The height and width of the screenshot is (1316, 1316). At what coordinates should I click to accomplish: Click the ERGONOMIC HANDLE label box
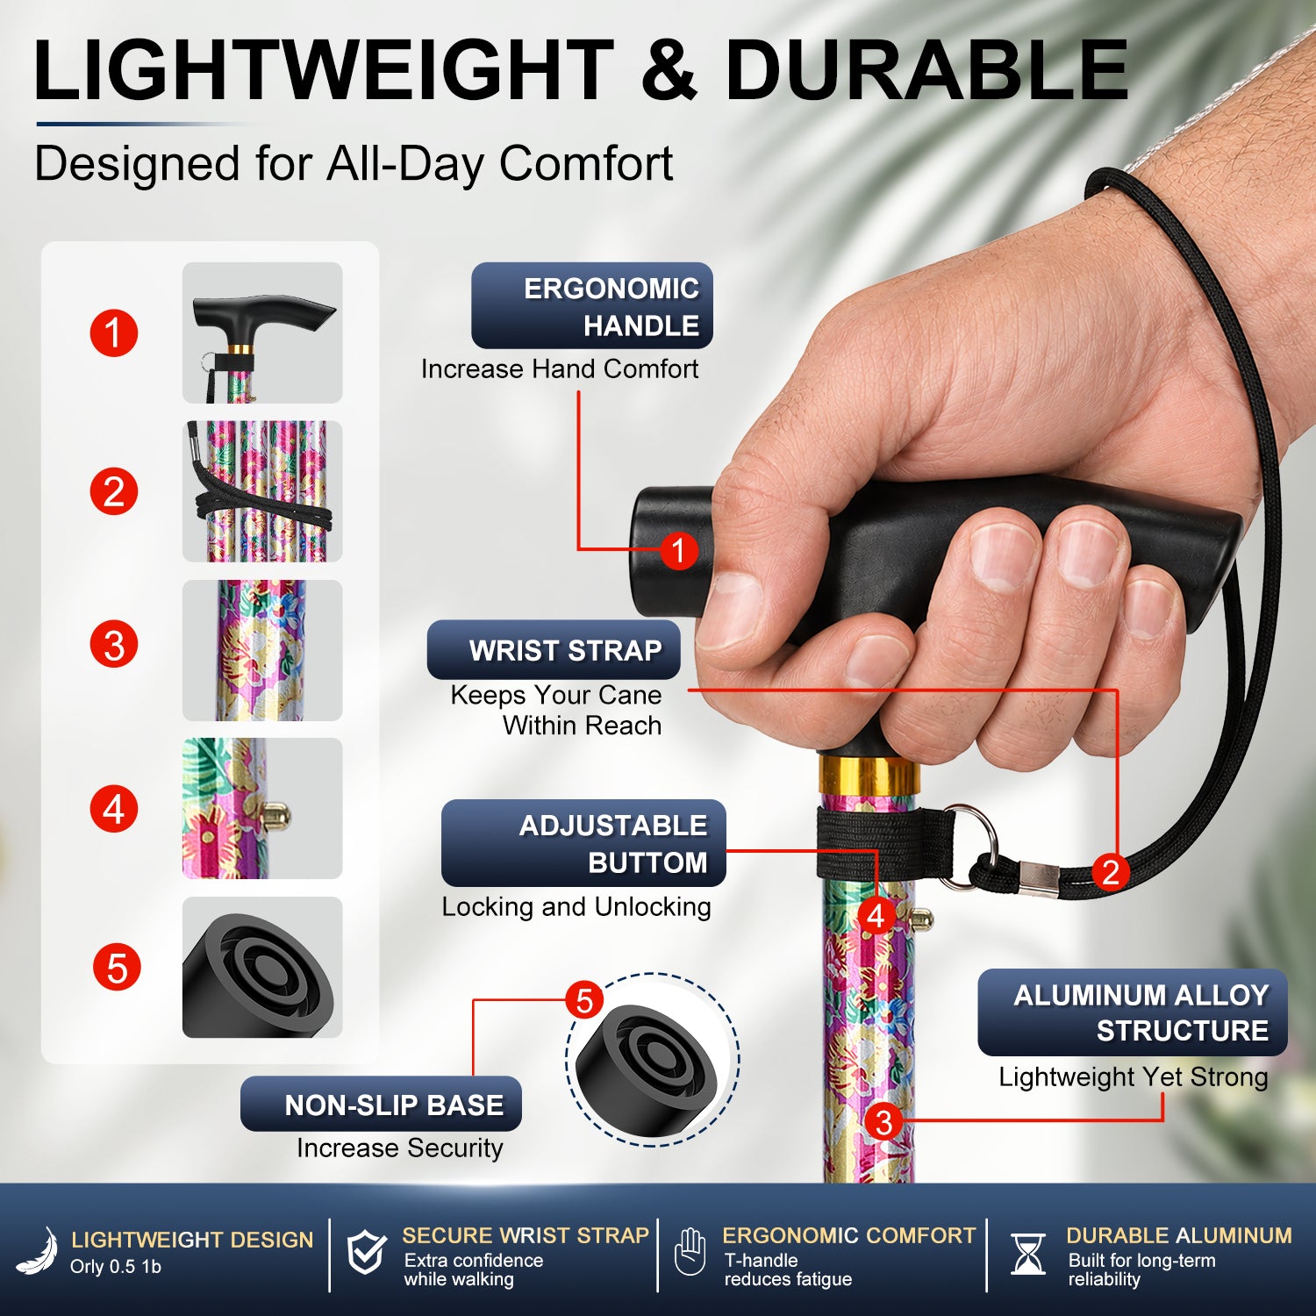click(x=592, y=305)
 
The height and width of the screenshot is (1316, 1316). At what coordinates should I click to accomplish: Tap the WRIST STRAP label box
click(x=554, y=650)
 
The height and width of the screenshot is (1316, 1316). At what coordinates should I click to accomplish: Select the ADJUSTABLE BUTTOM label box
click(x=583, y=843)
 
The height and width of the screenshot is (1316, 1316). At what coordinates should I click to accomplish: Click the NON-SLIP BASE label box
click(x=381, y=1104)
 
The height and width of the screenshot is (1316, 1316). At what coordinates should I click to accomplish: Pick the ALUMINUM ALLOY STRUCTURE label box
click(x=1133, y=1012)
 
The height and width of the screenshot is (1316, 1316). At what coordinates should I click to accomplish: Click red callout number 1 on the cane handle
click(x=678, y=551)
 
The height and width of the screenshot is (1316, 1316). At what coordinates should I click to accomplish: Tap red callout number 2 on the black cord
click(x=1111, y=871)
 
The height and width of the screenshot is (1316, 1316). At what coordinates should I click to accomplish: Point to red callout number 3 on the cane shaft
click(x=883, y=1121)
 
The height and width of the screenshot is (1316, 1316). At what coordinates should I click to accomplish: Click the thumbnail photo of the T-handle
click(x=262, y=333)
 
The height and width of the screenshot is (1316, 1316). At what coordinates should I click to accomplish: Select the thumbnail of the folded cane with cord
click(x=262, y=491)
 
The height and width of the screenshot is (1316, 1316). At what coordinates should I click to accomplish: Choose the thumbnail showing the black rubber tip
click(x=262, y=967)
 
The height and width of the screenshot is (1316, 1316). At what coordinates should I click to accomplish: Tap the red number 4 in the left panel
click(x=114, y=809)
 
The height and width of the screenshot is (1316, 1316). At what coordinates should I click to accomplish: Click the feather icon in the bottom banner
click(x=38, y=1251)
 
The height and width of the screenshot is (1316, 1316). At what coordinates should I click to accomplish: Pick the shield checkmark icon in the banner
click(x=366, y=1252)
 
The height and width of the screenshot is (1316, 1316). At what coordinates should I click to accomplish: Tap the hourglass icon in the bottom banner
click(x=1027, y=1254)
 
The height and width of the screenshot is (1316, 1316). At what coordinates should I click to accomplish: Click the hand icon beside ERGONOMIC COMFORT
click(x=690, y=1252)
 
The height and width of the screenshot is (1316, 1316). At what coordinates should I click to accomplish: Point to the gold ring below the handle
click(x=869, y=772)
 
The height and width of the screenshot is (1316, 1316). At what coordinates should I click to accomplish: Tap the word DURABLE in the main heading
click(x=926, y=70)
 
